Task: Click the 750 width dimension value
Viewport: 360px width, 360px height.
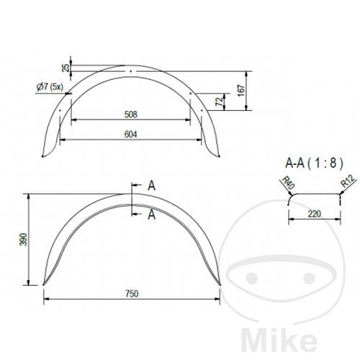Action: point(132,294)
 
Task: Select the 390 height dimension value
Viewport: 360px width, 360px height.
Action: point(24,239)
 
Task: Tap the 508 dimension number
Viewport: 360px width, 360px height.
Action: point(131,114)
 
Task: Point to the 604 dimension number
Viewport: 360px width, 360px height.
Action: point(131,134)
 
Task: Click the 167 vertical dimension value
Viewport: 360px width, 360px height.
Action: point(241,90)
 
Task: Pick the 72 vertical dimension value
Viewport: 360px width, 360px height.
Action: point(219,102)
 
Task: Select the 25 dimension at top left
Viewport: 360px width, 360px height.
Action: point(66,68)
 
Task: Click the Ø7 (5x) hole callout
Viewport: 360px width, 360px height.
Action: point(50,86)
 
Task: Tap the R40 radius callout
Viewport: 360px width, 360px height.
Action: point(288,183)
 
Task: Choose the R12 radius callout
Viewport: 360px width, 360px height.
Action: point(348,181)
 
